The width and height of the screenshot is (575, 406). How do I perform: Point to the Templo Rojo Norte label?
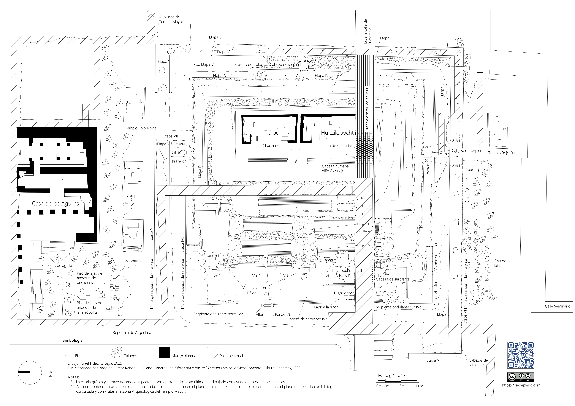click(141, 128)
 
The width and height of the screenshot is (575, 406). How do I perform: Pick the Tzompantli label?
click(134, 196)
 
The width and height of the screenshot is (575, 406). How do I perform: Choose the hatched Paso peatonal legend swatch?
click(212, 352)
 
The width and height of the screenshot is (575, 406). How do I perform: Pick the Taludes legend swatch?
click(116, 352)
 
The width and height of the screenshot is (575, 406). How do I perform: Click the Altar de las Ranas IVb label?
click(273, 315)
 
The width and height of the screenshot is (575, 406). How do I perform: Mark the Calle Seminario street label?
click(558, 306)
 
